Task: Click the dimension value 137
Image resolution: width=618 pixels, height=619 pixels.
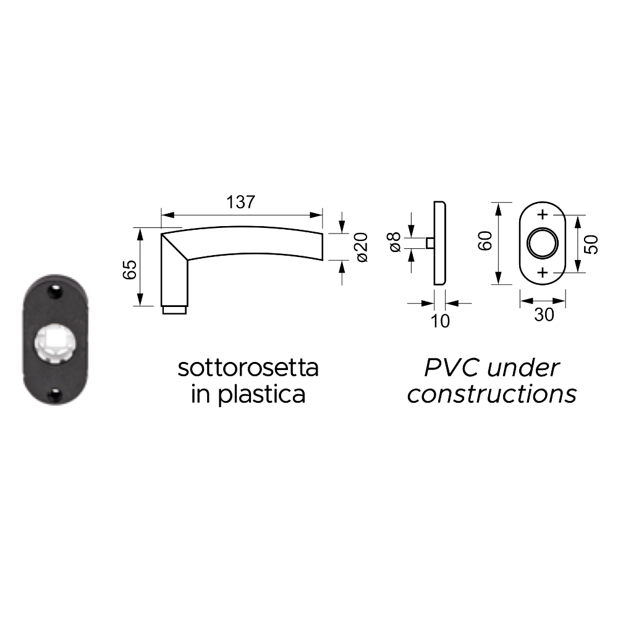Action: point(240,202)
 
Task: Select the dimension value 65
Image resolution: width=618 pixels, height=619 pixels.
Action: point(130,269)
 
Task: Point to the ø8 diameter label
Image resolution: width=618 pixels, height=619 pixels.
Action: point(395,242)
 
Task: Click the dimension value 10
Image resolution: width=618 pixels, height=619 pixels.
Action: point(439,321)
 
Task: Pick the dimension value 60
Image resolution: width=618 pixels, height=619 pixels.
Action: point(485,241)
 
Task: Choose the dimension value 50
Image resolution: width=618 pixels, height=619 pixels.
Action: point(591,245)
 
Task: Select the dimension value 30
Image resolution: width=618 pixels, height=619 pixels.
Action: point(544,314)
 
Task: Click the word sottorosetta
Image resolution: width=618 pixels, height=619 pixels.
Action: point(248,368)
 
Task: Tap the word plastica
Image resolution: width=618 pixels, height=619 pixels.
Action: point(261,394)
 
